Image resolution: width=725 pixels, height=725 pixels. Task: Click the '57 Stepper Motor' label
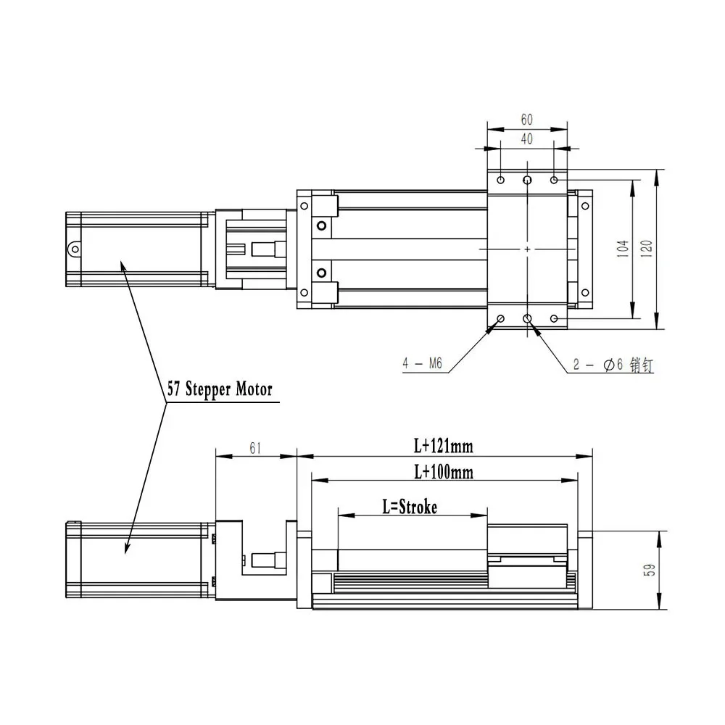[219, 389]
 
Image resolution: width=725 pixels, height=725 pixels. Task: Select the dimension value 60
[526, 120]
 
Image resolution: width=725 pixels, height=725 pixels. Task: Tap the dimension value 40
[526, 138]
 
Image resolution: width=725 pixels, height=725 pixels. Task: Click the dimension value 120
[647, 249]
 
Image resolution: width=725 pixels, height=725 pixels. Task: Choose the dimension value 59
[650, 571]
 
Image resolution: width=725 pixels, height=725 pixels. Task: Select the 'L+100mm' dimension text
[443, 472]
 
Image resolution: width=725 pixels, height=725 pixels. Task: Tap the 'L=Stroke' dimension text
[410, 507]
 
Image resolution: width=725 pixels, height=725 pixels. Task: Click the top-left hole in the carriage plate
[500, 179]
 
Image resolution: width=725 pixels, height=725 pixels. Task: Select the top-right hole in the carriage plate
[555, 179]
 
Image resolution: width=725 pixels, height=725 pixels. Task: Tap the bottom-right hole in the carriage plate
[555, 319]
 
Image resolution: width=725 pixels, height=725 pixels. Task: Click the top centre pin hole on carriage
[527, 179]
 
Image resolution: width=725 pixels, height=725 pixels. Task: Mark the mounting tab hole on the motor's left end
[74, 249]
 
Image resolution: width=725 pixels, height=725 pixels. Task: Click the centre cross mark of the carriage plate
[527, 249]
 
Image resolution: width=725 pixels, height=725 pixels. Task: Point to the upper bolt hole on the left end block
[321, 226]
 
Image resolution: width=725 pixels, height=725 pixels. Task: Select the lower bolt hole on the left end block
[321, 273]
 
